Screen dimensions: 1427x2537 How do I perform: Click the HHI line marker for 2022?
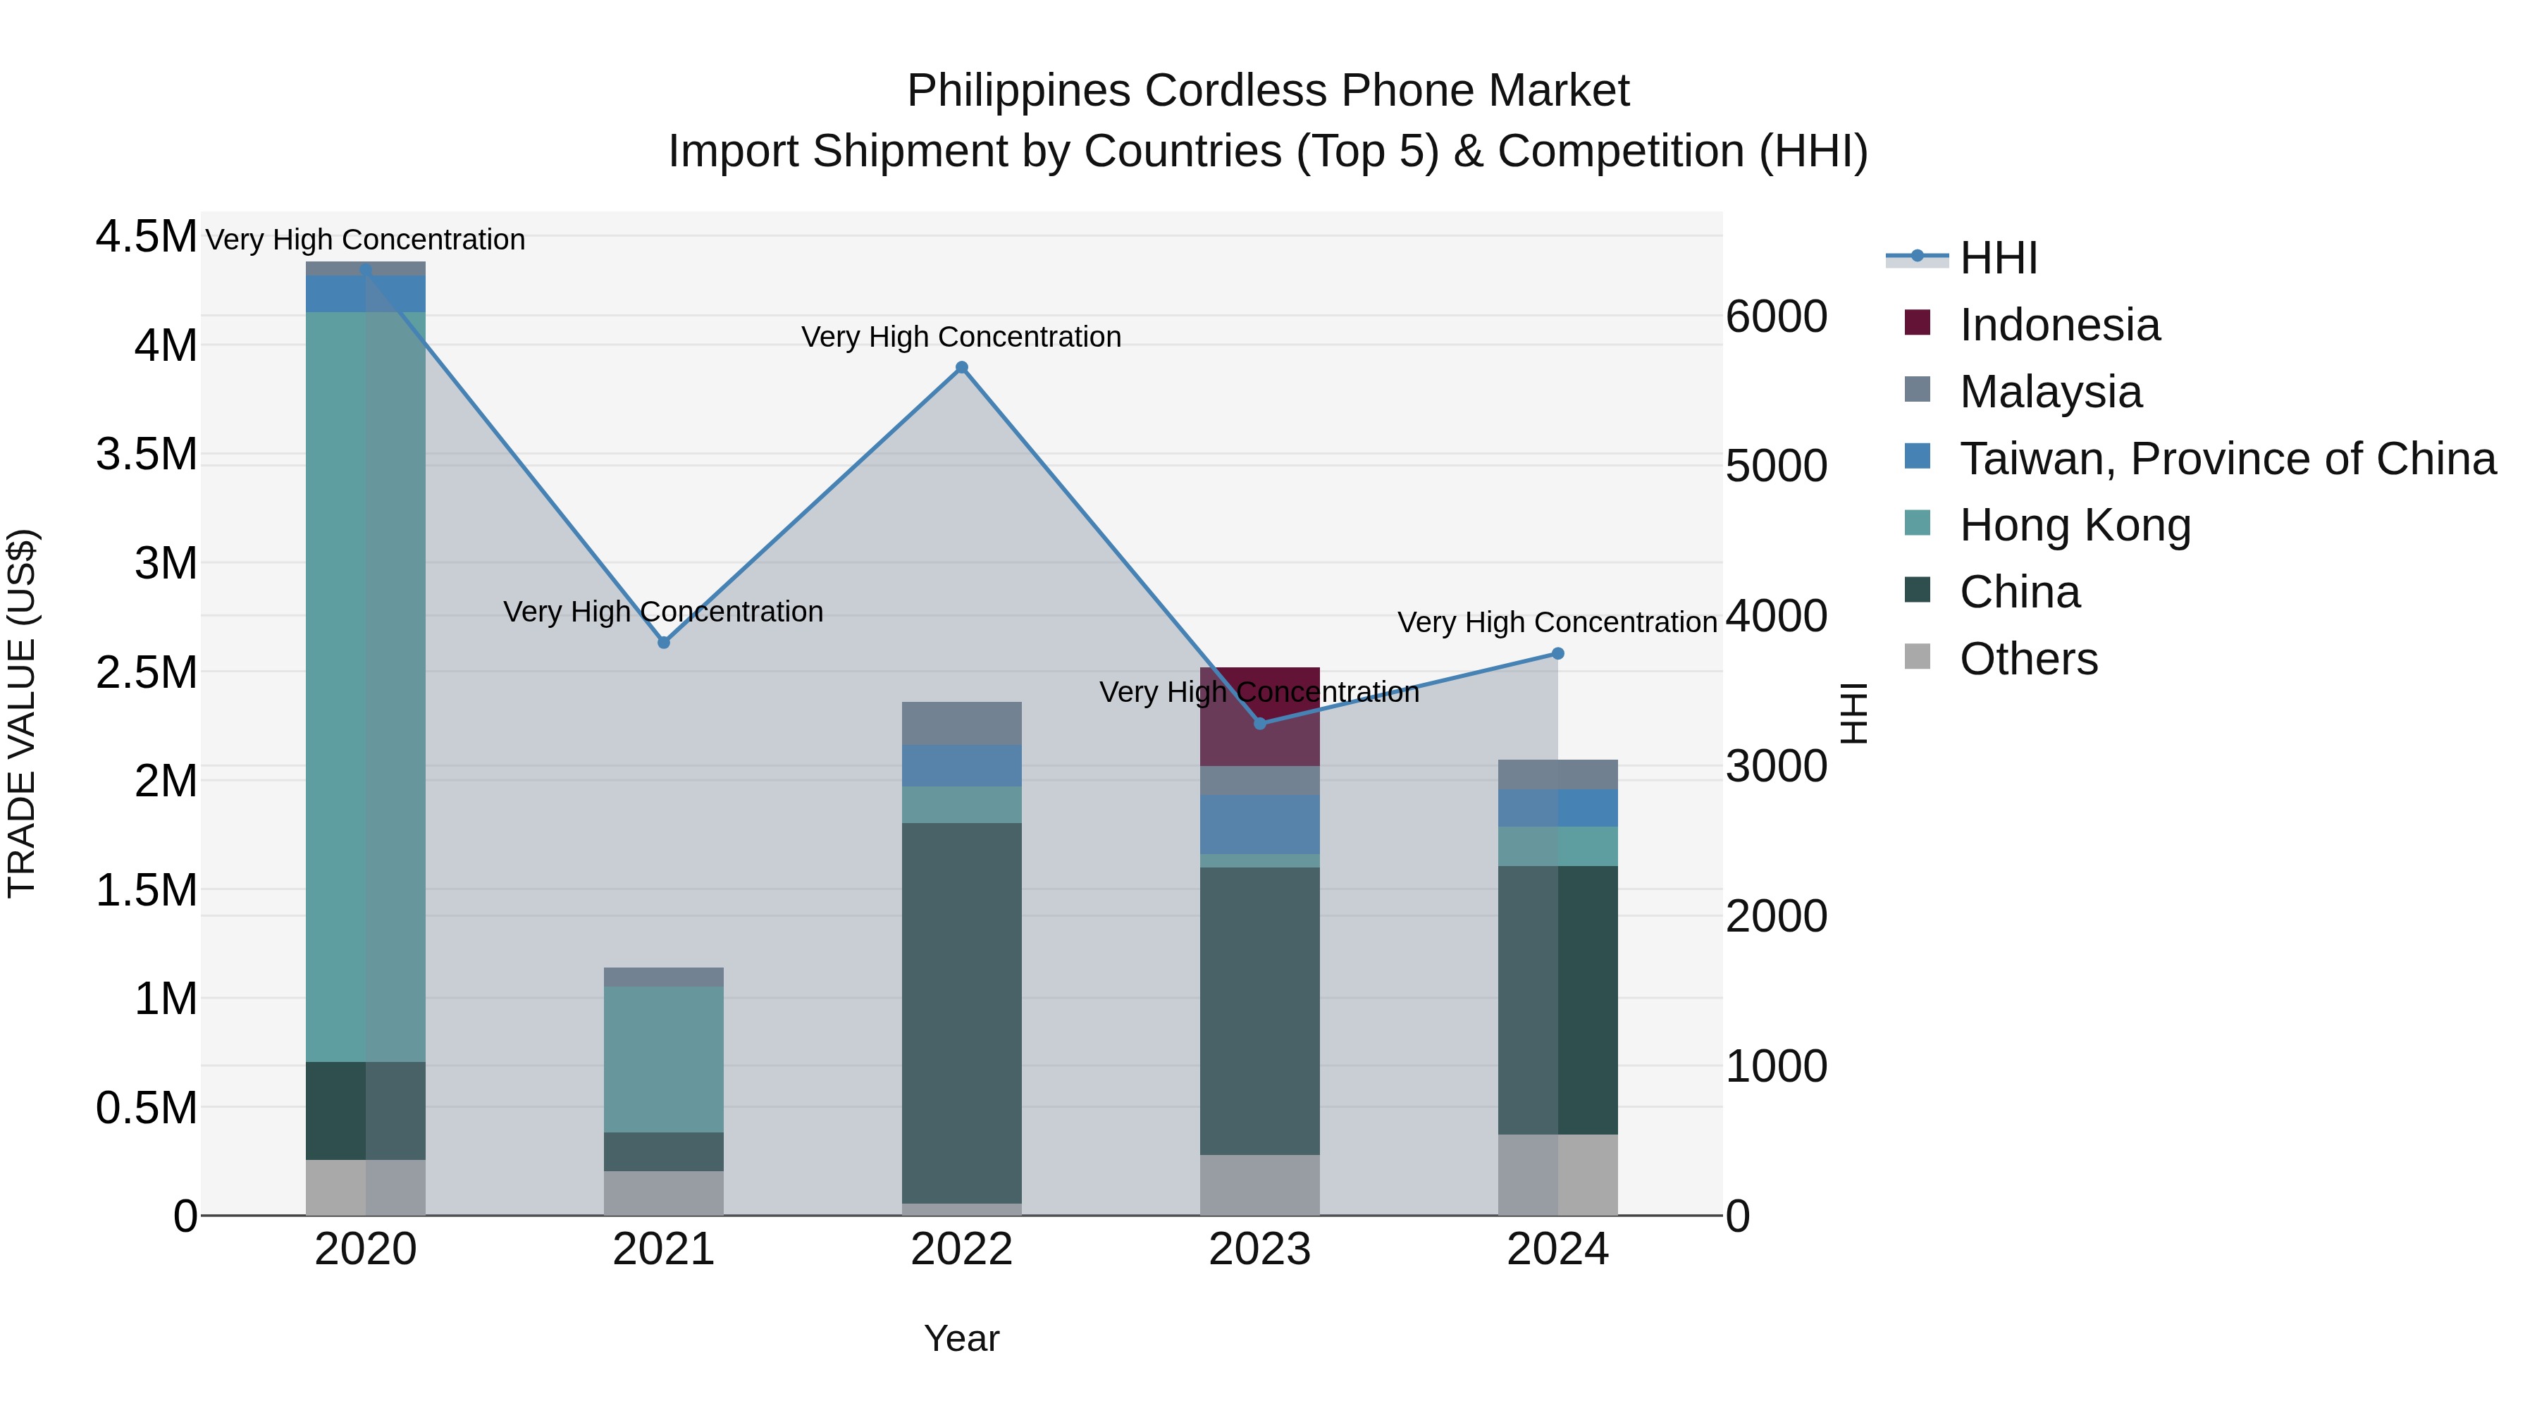(961, 369)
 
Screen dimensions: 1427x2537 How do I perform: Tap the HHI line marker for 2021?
(664, 642)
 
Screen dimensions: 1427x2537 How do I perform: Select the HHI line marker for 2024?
(1557, 654)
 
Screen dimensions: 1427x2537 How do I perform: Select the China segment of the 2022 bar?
(961, 1013)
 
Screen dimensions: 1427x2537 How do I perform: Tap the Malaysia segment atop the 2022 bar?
(961, 723)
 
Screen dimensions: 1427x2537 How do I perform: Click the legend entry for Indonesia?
(2058, 325)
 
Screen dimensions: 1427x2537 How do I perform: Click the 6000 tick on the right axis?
(1776, 317)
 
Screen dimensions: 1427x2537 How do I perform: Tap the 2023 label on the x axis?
(1259, 1249)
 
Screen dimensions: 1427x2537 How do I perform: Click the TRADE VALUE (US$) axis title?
(22, 713)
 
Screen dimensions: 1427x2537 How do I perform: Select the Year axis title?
(961, 1338)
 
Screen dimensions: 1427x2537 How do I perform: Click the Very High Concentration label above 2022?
(961, 337)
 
